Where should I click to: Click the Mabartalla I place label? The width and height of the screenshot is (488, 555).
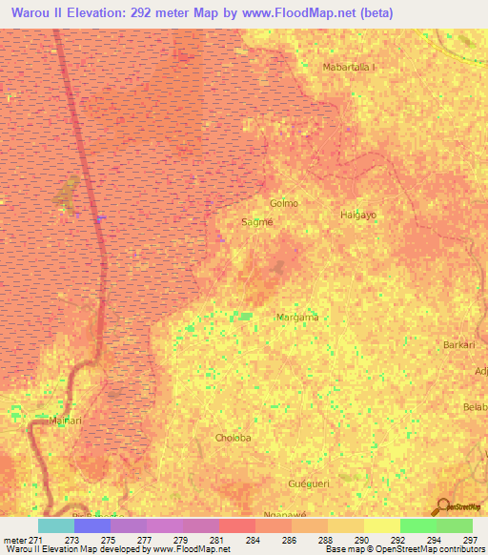pos(350,67)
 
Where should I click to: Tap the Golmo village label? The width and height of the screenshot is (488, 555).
pos(284,203)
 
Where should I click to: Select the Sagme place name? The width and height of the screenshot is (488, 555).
pos(257,221)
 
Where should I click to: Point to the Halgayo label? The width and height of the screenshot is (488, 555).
pos(358,215)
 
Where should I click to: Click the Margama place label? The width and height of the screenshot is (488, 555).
pos(296,317)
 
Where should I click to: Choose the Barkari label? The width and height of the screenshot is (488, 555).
pos(458,344)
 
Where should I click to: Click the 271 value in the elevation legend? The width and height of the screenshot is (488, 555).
pos(36,540)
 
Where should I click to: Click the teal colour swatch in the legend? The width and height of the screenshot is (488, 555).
pos(55,525)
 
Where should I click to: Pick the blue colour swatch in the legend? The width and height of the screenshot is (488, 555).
pos(91,525)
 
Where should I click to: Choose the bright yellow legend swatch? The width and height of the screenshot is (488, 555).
pos(381,525)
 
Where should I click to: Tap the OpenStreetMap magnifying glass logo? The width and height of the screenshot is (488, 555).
pos(441,506)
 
